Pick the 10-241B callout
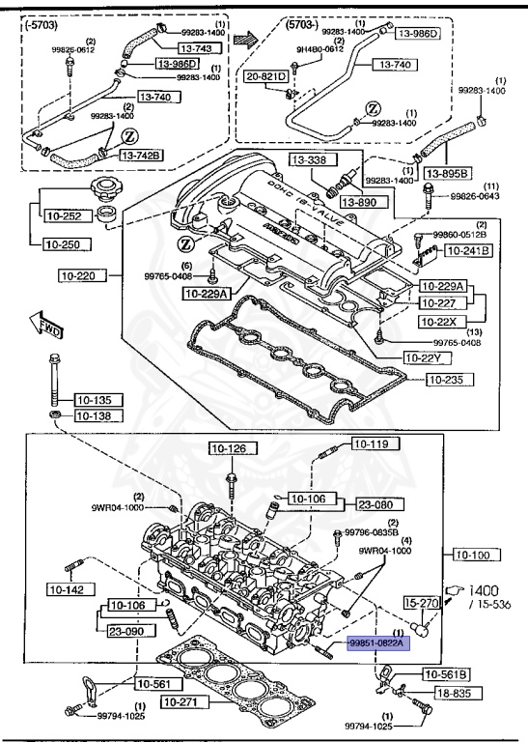click(x=467, y=250)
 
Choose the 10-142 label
click(x=68, y=588)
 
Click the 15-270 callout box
click(x=422, y=603)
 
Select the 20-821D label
click(x=266, y=75)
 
